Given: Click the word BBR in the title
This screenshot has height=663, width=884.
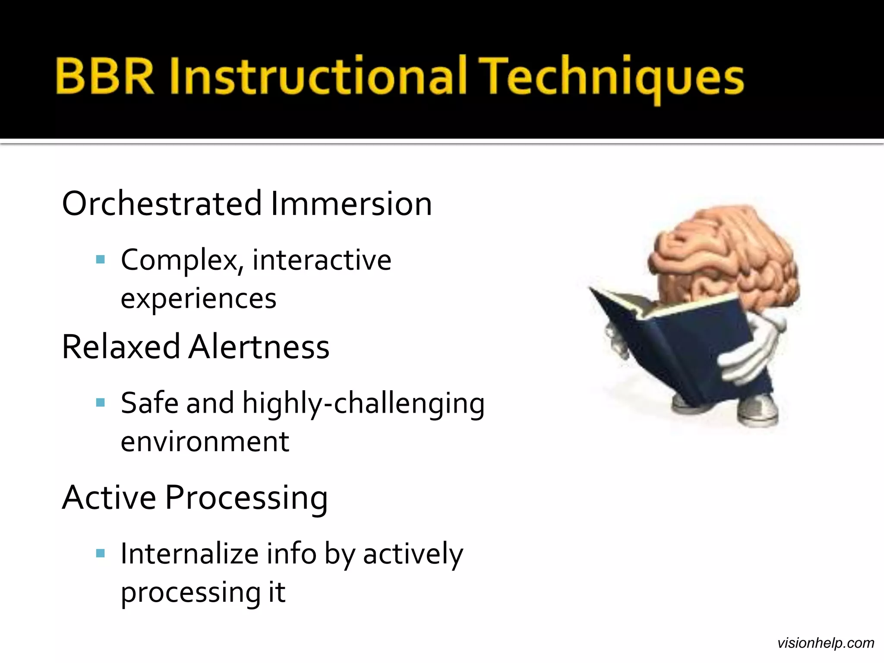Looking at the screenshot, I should tap(105, 76).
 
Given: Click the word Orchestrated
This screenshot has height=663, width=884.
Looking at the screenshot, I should tap(162, 203).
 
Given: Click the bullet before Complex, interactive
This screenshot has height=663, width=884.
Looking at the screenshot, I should tap(101, 260).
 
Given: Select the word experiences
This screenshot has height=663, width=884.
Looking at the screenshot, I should tap(198, 299).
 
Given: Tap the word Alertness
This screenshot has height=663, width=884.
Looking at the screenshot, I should tap(259, 347).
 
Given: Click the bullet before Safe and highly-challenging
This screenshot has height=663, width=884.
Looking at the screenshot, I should tap(101, 403).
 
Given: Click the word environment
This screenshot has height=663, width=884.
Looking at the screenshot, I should tap(205, 442).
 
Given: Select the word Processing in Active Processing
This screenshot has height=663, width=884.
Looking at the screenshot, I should tap(246, 498).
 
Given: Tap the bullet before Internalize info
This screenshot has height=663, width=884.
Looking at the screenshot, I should tap(101, 554).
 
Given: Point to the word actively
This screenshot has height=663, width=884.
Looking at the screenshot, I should tap(413, 555).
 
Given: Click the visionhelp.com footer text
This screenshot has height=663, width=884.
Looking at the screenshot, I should tap(825, 643).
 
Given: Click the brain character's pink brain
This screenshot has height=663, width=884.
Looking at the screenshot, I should tap(725, 255).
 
